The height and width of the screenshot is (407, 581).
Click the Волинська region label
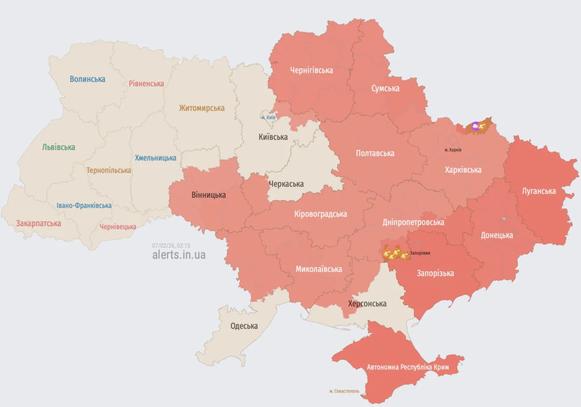87,79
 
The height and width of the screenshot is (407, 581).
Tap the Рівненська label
146,84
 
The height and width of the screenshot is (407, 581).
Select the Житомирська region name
202,108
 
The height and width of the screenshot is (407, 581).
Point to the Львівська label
59,147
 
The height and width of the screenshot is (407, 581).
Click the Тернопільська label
109,170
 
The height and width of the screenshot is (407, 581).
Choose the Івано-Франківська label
84,205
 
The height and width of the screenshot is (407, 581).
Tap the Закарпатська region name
39,223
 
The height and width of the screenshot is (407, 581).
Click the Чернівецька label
118,227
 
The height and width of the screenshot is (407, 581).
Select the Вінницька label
208,195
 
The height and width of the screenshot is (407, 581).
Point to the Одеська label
244,326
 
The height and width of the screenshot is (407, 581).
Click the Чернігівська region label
311,70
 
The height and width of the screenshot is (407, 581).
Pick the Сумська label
385,88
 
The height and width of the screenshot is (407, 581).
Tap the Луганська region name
539,191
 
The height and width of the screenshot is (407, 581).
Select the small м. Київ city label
268,118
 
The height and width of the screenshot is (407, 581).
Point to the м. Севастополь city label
344,391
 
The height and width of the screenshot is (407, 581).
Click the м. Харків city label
453,149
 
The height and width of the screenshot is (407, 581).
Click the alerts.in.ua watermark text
179,255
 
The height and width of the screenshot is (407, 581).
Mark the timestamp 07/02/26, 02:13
171,245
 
